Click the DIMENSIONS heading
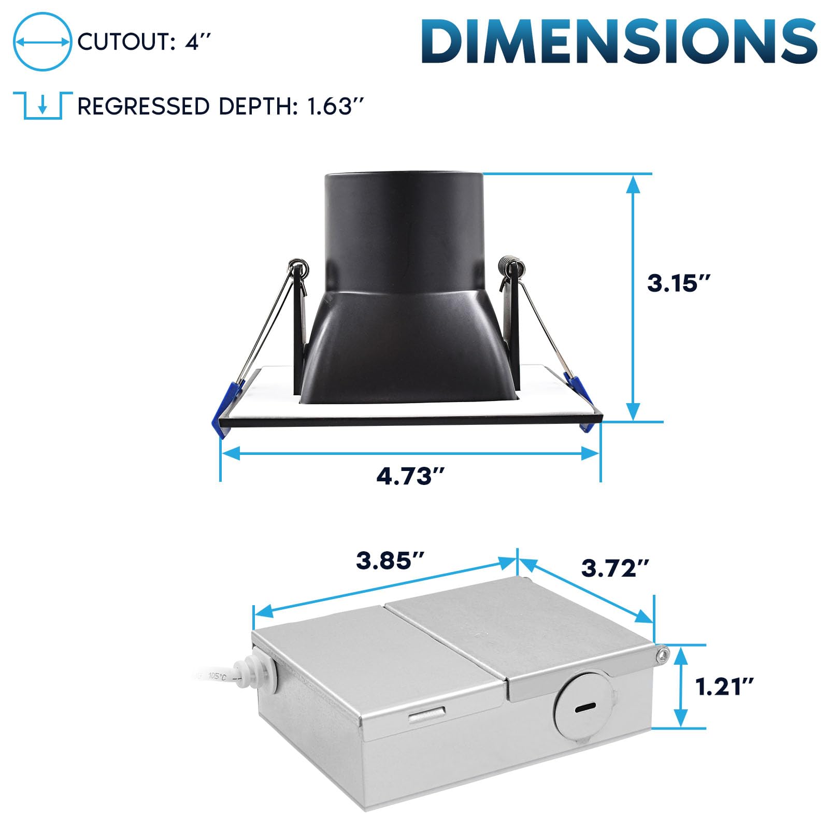tap(619, 42)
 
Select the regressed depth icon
tap(42, 106)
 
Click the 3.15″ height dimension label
tap(679, 283)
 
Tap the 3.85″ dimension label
tap(390, 561)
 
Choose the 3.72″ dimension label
tap(615, 568)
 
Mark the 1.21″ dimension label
tap(724, 688)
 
